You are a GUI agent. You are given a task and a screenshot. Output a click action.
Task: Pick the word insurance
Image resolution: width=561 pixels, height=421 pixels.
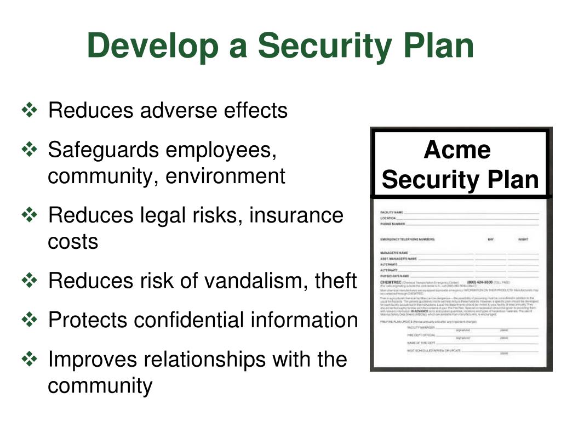[296, 215]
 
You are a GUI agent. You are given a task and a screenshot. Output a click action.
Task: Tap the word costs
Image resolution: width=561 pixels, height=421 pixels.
[73, 241]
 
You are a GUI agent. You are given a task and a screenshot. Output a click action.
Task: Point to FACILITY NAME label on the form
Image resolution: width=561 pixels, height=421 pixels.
[392, 212]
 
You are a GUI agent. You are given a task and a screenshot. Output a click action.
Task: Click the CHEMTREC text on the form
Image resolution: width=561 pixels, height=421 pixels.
[391, 282]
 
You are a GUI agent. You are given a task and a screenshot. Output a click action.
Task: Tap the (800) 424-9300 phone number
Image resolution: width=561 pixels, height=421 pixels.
[480, 282]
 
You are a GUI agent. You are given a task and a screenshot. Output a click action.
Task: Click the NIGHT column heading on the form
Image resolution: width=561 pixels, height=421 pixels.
[523, 240]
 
